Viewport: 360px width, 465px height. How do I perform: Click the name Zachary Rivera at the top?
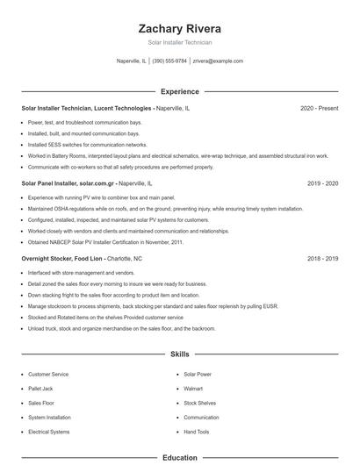point(180,27)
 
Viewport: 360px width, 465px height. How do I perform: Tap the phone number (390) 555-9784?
point(169,61)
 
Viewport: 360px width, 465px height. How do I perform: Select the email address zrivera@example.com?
point(218,61)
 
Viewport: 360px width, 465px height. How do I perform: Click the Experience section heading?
point(180,91)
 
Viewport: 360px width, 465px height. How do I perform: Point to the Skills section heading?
point(180,354)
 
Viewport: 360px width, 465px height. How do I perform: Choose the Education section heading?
point(180,457)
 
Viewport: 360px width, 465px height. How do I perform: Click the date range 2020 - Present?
point(319,108)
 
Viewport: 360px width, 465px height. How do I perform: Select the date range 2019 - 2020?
point(322,183)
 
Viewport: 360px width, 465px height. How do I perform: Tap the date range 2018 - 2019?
point(322,259)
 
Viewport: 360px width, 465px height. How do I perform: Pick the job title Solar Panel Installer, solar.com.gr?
point(68,183)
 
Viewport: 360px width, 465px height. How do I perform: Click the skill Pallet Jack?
point(40,388)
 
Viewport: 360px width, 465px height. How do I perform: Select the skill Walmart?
point(193,388)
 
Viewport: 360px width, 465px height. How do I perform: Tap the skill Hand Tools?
point(197,433)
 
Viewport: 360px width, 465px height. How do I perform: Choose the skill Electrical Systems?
point(48,433)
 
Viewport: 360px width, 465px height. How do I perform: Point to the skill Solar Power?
point(198,374)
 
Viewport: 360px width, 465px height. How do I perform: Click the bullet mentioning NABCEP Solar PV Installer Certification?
point(105,242)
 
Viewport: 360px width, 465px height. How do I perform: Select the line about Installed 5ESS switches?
point(87,145)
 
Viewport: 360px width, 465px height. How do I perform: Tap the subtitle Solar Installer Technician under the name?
point(180,42)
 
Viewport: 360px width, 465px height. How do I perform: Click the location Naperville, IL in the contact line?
point(132,61)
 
